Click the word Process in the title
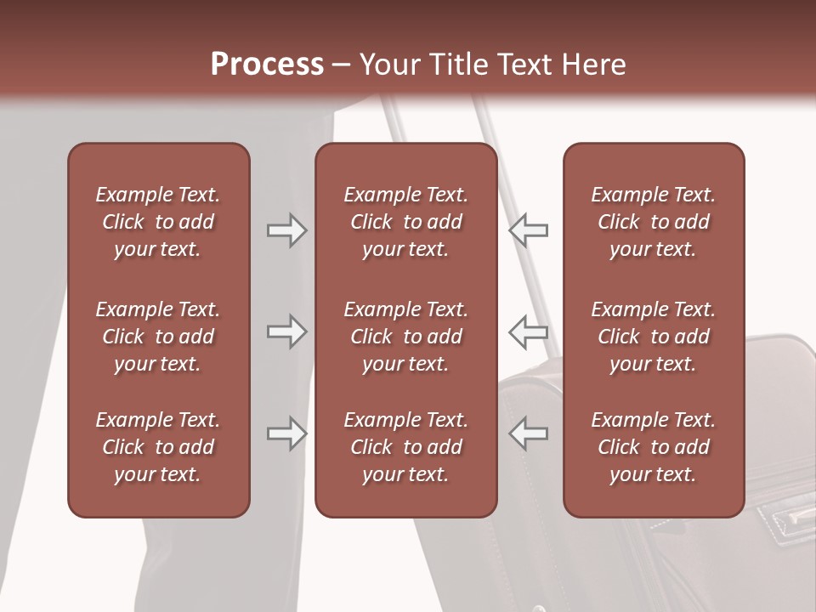(x=267, y=65)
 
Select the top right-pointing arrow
(x=286, y=230)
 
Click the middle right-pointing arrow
(x=286, y=331)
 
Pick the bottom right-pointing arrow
(x=286, y=433)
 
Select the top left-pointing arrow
(x=529, y=230)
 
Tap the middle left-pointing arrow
(x=529, y=331)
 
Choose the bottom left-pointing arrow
(x=529, y=433)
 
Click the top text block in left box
(x=158, y=222)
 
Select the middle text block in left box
(x=158, y=337)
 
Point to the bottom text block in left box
(x=158, y=447)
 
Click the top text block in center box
(x=405, y=222)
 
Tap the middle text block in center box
(x=405, y=337)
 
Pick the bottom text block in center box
(x=405, y=447)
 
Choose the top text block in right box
(x=653, y=222)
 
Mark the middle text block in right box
(x=653, y=337)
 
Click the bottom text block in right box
(x=653, y=447)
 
